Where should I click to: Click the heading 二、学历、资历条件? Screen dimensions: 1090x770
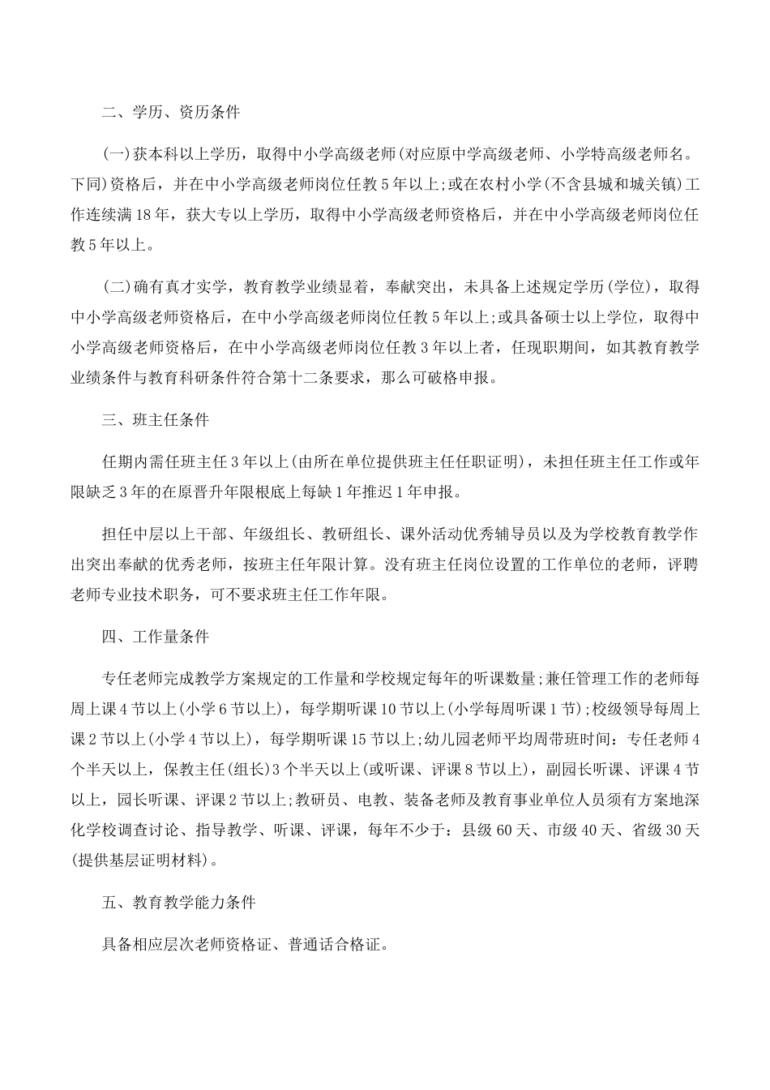click(x=171, y=112)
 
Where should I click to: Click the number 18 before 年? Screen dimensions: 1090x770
click(x=144, y=217)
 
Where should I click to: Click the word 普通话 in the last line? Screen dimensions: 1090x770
click(x=301, y=944)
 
